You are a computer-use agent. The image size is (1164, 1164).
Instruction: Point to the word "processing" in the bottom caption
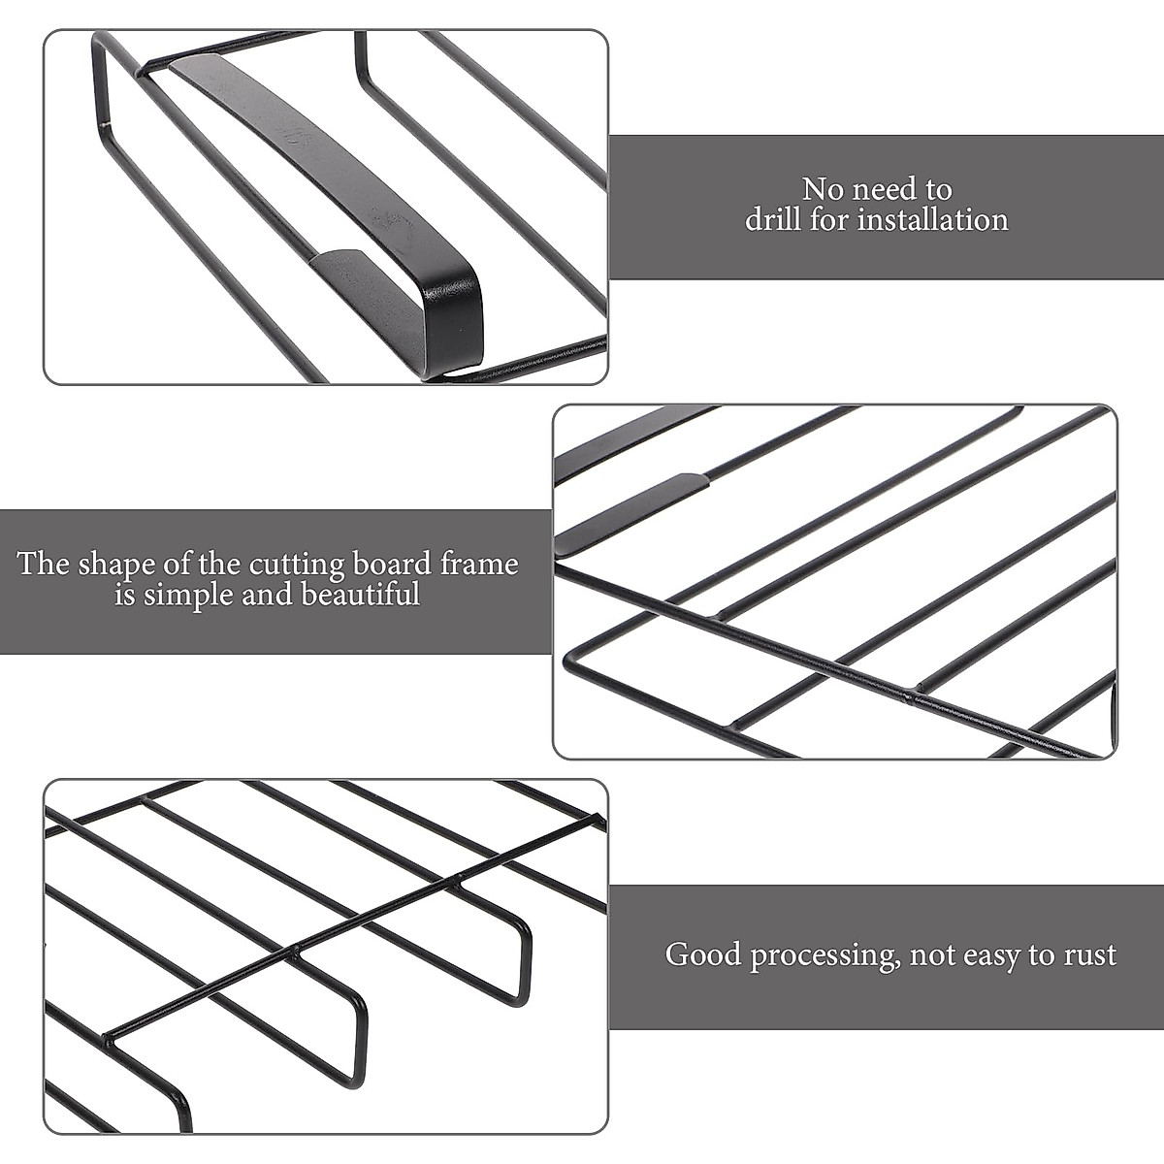(x=824, y=956)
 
